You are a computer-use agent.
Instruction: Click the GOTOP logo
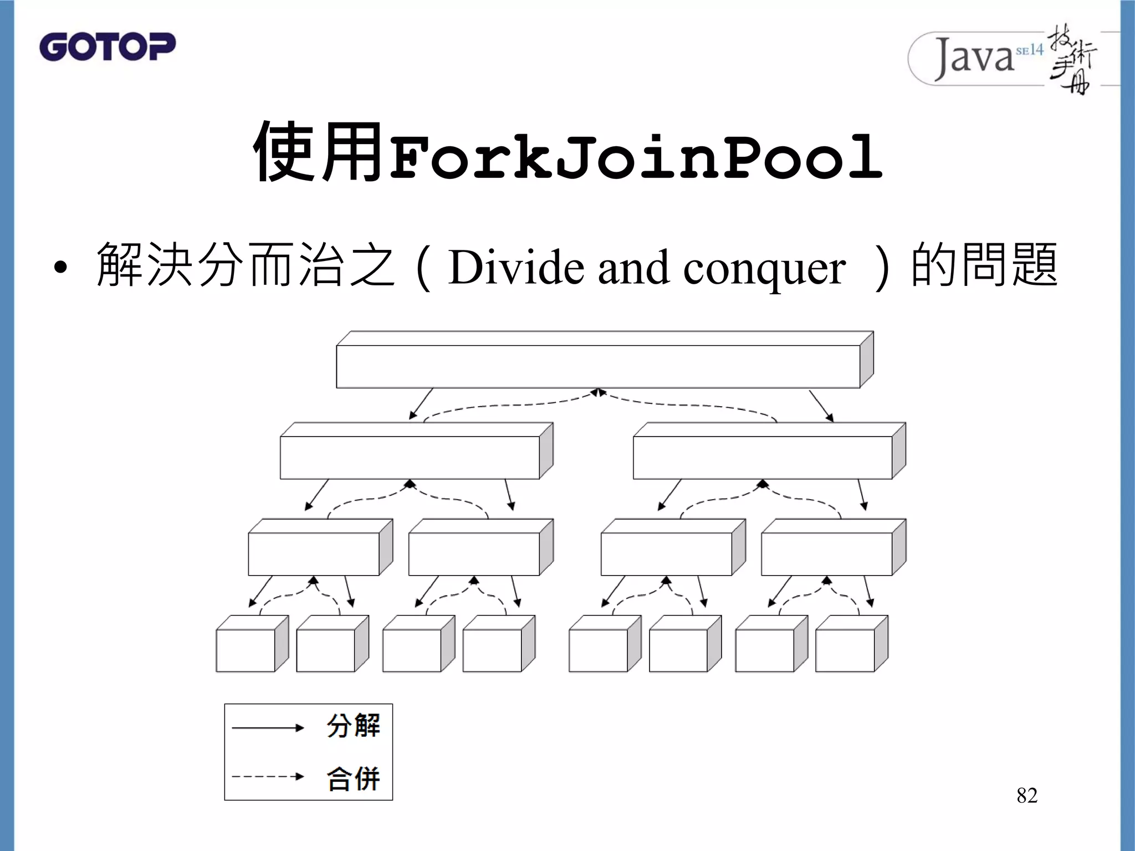pos(108,47)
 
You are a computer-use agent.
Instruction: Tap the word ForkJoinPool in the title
pos(636,158)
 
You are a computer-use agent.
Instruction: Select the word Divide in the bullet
pos(517,268)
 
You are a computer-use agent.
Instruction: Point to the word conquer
pos(764,269)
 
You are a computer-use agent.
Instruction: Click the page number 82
pos(1026,796)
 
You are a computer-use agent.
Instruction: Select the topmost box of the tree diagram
pos(598,366)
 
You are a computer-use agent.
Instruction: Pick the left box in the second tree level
pos(410,457)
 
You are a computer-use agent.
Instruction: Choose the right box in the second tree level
pos(763,457)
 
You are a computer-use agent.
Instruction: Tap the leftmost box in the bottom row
pos(246,650)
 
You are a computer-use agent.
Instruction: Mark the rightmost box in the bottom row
pos(845,650)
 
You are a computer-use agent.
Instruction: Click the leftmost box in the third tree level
pos(314,554)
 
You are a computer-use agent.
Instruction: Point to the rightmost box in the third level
pos(827,554)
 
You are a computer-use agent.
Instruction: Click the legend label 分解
pos(353,726)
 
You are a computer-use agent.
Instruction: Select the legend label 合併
pos(353,778)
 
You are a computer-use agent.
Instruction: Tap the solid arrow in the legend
pos(268,727)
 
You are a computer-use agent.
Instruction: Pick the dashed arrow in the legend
pos(268,777)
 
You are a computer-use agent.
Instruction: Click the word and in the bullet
pos(633,269)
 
